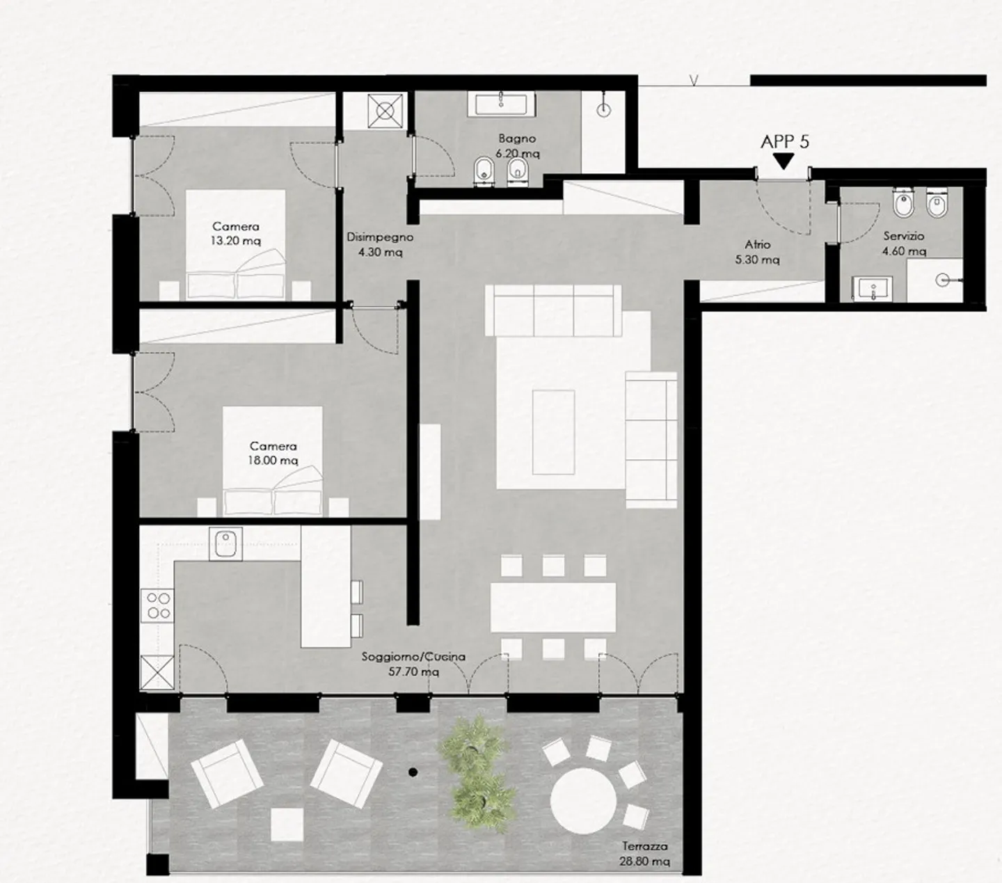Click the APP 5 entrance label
784,142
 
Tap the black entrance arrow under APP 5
784,161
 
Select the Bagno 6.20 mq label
517,146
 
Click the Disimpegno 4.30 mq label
380,245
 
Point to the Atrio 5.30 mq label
758,252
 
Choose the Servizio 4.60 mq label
904,244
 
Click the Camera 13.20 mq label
236,234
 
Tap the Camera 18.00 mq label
273,453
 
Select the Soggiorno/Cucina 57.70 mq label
413,664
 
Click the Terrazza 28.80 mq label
644,853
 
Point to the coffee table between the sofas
554,431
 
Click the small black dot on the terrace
413,772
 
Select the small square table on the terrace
287,825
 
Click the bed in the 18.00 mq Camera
273,463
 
